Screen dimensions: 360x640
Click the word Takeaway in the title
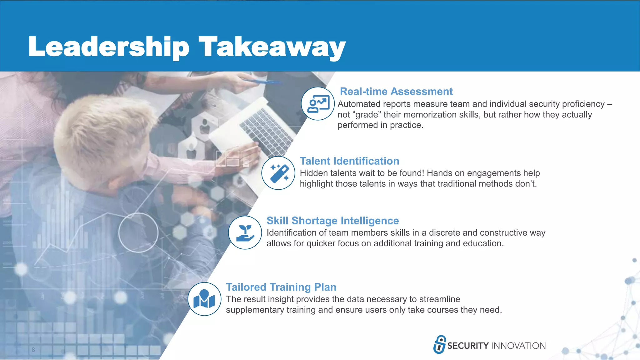pyautogui.click(x=272, y=47)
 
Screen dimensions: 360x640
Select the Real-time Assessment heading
pyautogui.click(x=396, y=92)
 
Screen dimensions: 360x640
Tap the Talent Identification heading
pyautogui.click(x=349, y=161)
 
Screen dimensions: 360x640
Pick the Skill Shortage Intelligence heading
pyautogui.click(x=332, y=221)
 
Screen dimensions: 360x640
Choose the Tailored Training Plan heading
pyautogui.click(x=281, y=287)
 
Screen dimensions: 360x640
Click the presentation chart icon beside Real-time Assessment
pyautogui.click(x=318, y=104)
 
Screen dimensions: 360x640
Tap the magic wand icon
pyautogui.click(x=278, y=173)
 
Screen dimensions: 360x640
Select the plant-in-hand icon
pyautogui.click(x=245, y=233)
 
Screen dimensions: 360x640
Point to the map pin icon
pyautogui.click(x=204, y=299)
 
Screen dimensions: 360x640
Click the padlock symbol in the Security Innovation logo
pyautogui.click(x=440, y=344)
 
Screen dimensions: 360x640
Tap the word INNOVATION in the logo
pyautogui.click(x=518, y=346)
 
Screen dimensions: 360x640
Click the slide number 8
pyautogui.click(x=33, y=350)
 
